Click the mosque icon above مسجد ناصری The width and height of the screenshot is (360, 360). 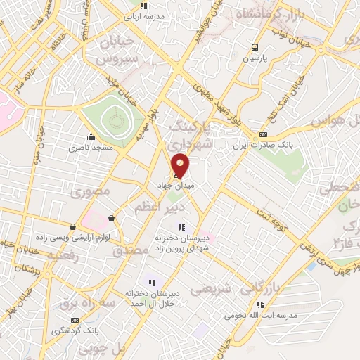(90, 137)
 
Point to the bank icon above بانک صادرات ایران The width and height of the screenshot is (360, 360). (263, 134)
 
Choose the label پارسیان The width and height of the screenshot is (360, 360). (257, 59)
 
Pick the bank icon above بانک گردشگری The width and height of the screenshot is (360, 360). (56, 319)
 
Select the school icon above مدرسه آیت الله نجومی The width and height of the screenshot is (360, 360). (260, 304)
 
